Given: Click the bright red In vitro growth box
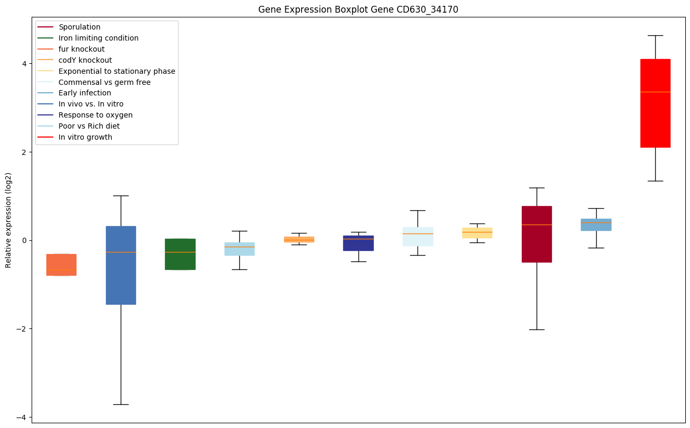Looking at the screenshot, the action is (x=655, y=103).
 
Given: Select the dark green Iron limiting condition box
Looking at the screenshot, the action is (x=180, y=254).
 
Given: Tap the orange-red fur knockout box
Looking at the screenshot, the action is (x=61, y=265).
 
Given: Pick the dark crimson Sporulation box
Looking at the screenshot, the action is (x=537, y=234).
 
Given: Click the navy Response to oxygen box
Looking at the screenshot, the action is (x=358, y=243).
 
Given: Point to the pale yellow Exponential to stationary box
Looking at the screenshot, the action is (x=477, y=233).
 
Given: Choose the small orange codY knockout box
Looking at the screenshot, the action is (x=299, y=239).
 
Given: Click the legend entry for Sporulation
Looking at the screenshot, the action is (x=80, y=27).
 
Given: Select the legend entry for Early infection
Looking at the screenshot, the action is (x=85, y=93).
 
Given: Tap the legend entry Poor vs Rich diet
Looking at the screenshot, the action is (x=89, y=127).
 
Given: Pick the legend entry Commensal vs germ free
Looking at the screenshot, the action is (x=104, y=83).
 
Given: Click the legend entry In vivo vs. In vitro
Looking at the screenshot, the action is (x=91, y=104).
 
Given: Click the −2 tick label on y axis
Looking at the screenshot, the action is (x=22, y=329).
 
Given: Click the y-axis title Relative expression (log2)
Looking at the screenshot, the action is (x=8, y=220).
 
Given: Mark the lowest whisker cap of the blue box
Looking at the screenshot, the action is (x=121, y=404).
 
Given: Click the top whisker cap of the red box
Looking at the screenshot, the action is (x=655, y=36).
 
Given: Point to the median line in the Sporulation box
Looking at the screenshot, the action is (x=537, y=225).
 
